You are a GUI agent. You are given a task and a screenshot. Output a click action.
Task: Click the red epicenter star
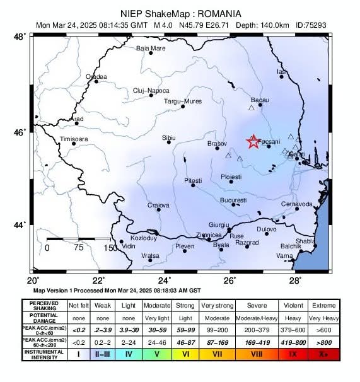tap(253, 142)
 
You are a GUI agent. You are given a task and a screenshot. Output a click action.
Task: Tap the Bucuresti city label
tap(233, 200)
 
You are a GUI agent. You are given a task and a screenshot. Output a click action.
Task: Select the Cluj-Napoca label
tap(151, 91)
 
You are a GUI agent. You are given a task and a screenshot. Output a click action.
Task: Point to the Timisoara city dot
tap(74, 144)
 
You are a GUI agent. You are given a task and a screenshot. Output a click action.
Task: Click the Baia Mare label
tap(151, 48)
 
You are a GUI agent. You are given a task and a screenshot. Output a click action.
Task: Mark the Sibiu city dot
tap(169, 142)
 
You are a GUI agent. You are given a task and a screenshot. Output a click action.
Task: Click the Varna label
tap(285, 256)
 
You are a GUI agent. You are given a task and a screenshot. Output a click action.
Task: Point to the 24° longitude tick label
tap(165, 280)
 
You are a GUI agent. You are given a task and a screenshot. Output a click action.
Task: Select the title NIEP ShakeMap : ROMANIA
tap(180, 13)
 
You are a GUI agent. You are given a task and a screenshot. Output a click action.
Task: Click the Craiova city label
tap(158, 205)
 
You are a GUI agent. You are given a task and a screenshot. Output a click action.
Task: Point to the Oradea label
tap(96, 76)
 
